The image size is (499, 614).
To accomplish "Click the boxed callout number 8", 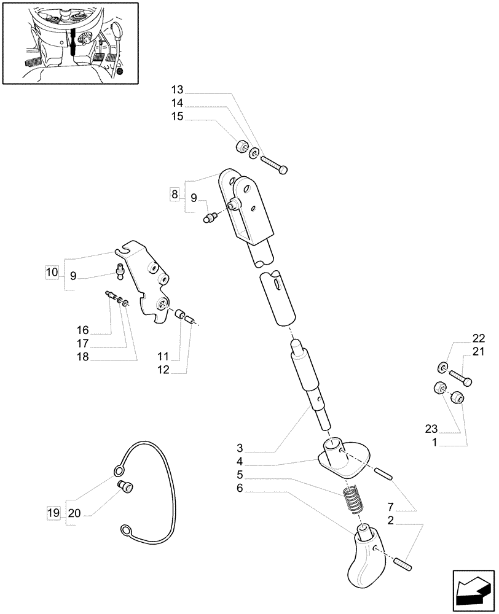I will pyautogui.click(x=175, y=195).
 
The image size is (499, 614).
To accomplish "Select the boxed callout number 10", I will pyautogui.click(x=52, y=271).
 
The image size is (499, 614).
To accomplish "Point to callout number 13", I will pyautogui.click(x=178, y=90).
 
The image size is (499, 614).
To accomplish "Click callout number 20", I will pyautogui.click(x=74, y=512).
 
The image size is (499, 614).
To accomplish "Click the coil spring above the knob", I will pyautogui.click(x=353, y=497).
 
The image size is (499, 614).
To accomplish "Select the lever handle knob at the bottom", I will pyautogui.click(x=368, y=556).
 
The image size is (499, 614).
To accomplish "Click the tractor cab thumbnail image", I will pyautogui.click(x=69, y=42).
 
